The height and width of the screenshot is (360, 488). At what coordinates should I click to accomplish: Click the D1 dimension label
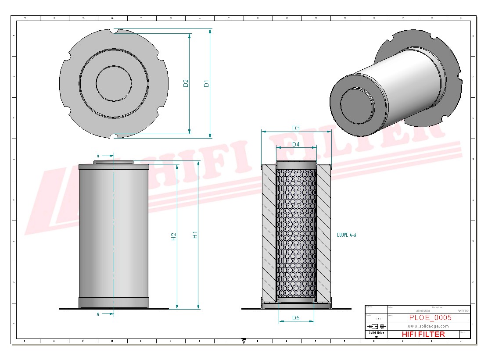206,83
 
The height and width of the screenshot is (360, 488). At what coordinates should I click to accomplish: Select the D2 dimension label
186,83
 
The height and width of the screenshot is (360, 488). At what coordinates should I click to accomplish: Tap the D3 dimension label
296,128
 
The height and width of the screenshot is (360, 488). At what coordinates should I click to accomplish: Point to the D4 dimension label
296,144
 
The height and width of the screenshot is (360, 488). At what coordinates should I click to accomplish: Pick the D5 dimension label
296,318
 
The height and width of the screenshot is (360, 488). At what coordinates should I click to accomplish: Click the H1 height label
195,235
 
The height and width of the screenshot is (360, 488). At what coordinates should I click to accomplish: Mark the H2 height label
174,237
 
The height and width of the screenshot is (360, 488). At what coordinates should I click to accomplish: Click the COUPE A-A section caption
347,235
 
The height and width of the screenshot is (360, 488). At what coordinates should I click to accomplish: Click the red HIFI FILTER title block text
423,334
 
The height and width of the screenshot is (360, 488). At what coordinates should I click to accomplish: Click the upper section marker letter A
98,155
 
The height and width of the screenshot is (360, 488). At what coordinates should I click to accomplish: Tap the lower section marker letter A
98,314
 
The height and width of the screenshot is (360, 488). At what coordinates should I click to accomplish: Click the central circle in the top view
114,83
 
